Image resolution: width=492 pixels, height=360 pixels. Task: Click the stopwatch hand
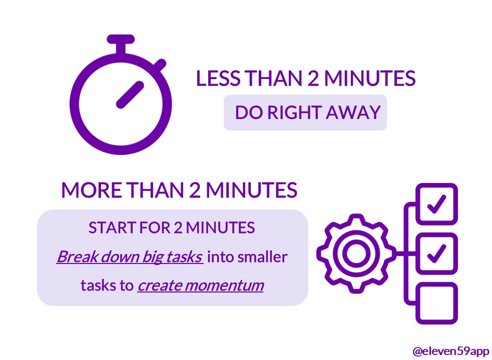coord(130,95)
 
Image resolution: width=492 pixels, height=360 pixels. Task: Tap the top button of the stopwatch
coord(121,39)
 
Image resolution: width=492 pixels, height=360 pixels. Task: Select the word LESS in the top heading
coord(218,78)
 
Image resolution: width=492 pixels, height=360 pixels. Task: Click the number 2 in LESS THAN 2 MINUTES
coord(313,78)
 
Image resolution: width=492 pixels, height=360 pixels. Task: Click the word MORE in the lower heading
coord(92,190)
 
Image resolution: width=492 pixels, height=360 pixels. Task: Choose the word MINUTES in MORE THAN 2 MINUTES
coord(252,190)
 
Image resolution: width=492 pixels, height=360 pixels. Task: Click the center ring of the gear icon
coord(356,253)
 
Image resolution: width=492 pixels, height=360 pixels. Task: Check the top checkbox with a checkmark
coord(436,204)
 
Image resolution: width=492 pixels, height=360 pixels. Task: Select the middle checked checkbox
coord(436,253)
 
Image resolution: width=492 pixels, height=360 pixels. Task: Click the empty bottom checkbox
coord(436,303)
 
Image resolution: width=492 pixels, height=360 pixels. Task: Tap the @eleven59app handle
coord(450,351)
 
